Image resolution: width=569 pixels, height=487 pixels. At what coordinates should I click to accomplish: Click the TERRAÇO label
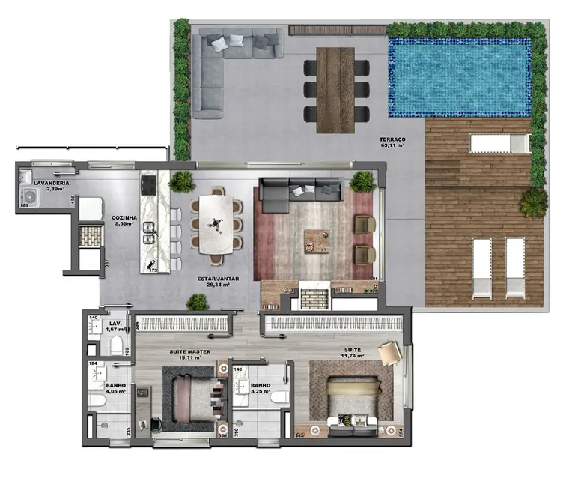(x=392, y=140)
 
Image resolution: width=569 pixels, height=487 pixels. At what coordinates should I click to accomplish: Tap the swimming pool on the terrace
(x=459, y=76)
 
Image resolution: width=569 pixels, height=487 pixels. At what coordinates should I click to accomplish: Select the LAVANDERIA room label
(x=52, y=183)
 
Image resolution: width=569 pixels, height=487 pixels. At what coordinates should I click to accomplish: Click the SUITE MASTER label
(x=189, y=351)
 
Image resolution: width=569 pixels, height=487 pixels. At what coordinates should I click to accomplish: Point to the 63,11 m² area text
(x=392, y=147)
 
